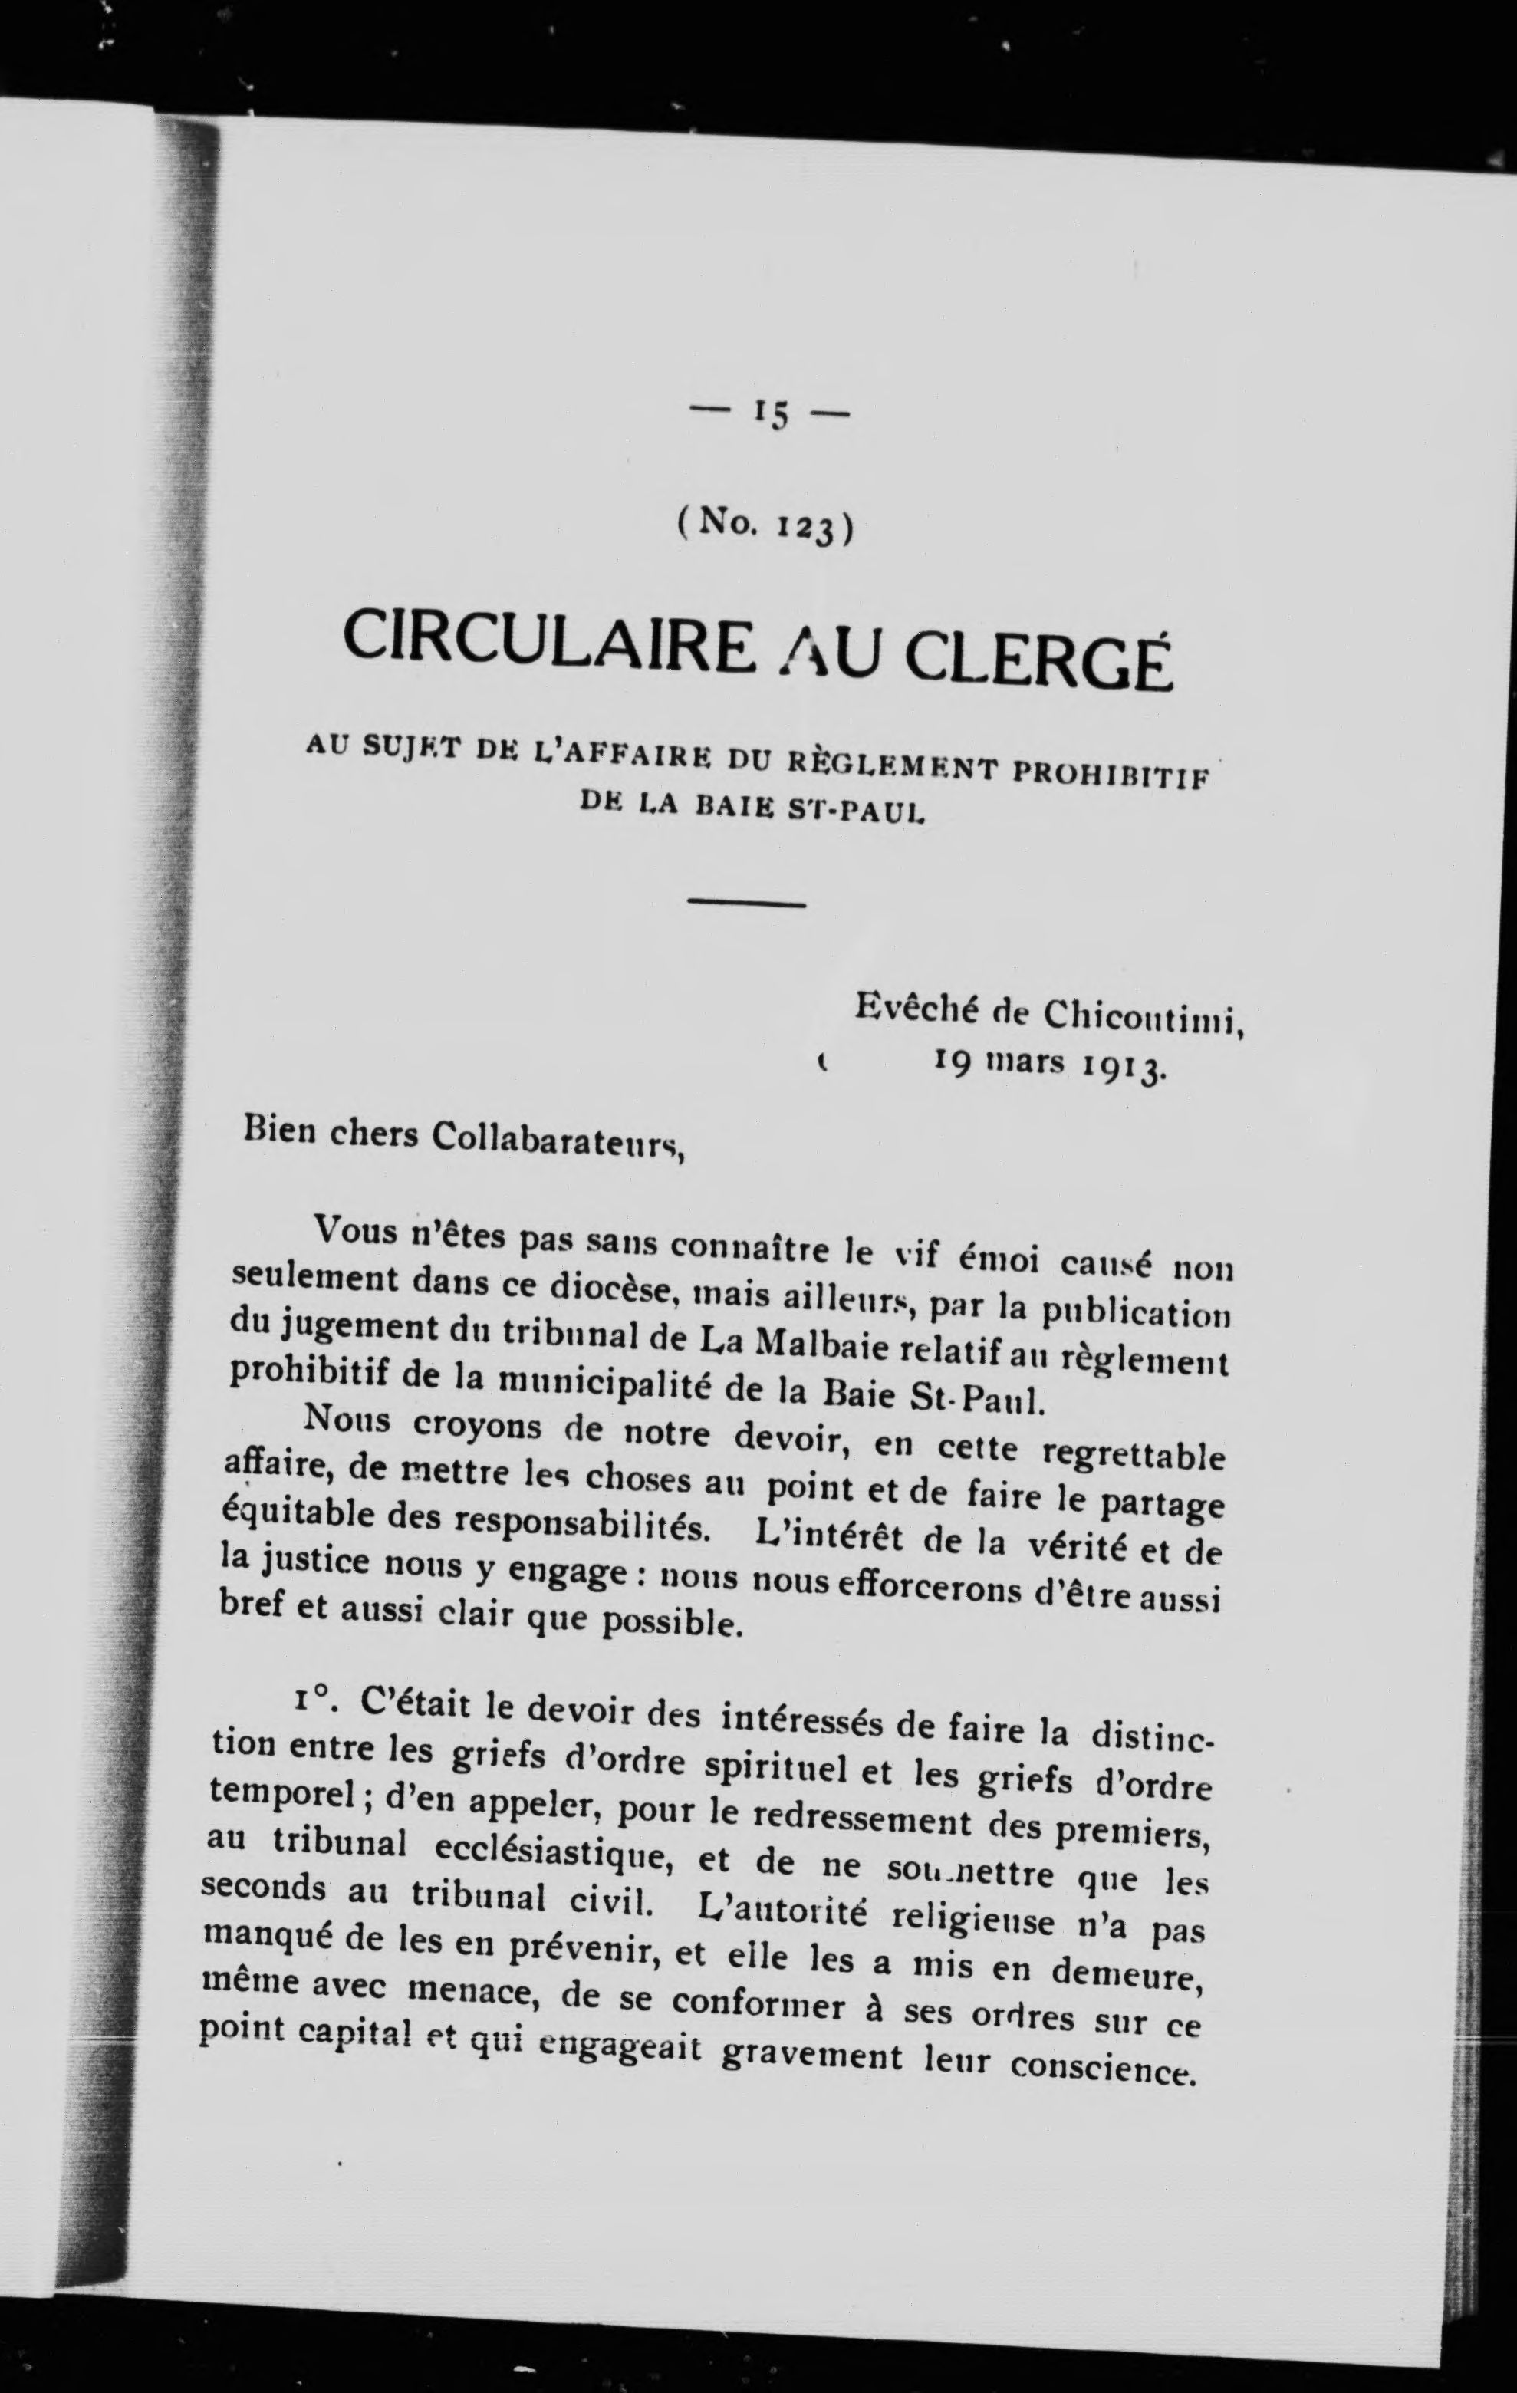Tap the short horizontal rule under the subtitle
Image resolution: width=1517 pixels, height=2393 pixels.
(x=746, y=904)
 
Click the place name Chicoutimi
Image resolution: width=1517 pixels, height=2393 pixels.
(x=1143, y=1015)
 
